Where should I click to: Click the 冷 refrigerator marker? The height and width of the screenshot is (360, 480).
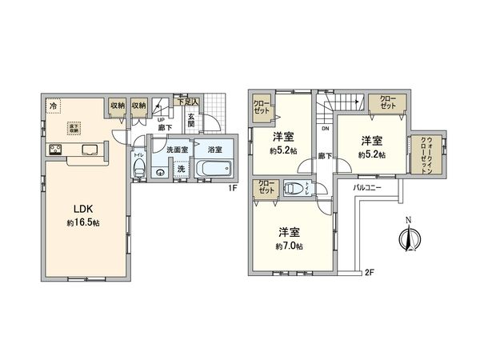[53, 105]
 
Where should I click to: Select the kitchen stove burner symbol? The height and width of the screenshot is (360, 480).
[57, 148]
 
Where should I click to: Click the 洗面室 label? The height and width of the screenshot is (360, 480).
[176, 150]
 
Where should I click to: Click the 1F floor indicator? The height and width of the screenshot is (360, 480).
[233, 189]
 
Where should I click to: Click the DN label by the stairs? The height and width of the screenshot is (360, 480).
[326, 128]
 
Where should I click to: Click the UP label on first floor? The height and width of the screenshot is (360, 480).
[160, 119]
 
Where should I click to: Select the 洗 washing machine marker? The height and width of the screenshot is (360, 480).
[180, 169]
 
